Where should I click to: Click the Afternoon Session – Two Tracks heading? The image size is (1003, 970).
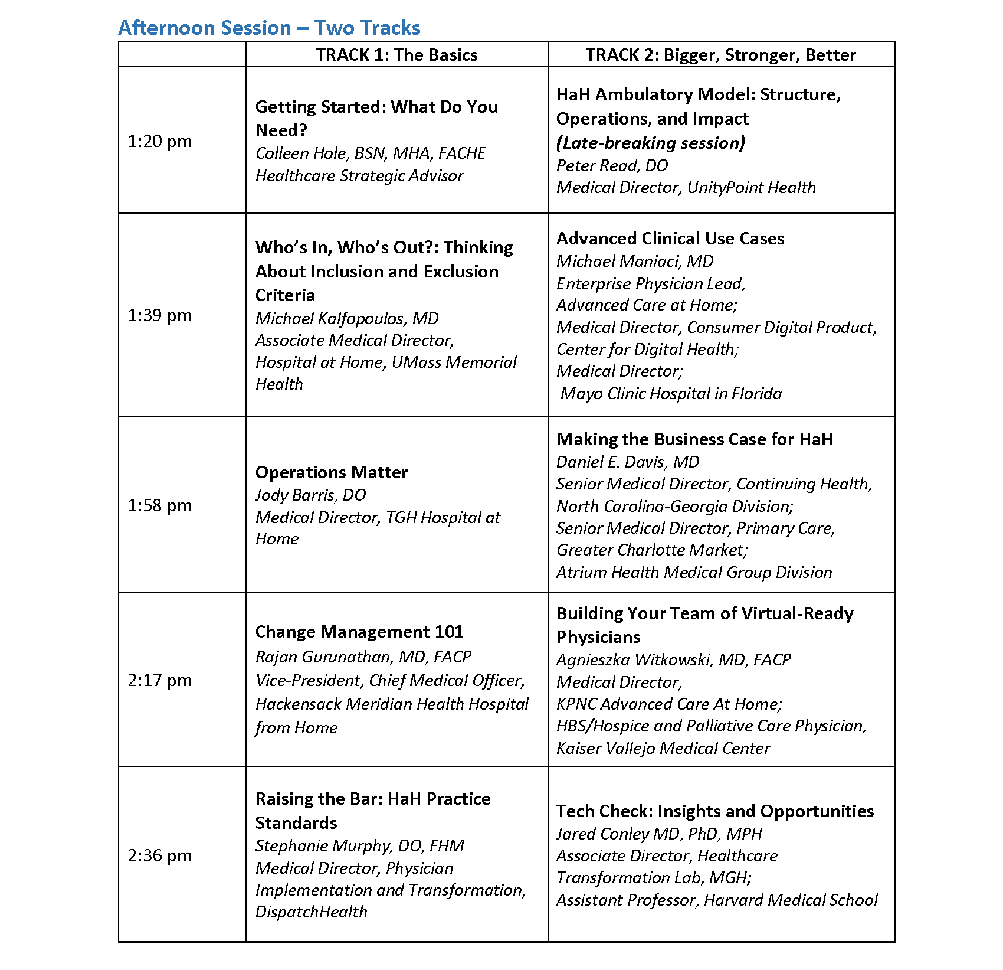269,28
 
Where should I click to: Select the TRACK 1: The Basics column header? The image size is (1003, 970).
396,55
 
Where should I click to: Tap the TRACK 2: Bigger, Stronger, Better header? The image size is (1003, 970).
720,55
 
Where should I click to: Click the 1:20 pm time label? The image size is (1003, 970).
160,141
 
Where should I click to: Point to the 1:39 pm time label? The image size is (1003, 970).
160,315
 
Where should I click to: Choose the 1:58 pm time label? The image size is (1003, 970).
160,505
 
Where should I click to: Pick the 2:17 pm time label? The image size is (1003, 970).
160,680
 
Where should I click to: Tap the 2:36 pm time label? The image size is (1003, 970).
160,855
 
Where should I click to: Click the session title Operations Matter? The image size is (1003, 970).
331,472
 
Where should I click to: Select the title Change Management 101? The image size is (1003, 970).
359,632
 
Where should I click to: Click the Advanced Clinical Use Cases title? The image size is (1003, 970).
670,239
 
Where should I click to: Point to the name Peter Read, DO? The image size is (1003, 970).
612,165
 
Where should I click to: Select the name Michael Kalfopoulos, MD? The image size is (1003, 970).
347,318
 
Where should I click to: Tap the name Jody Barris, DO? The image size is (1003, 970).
310,495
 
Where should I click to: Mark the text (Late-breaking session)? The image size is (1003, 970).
651,143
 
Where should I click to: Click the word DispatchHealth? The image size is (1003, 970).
311,912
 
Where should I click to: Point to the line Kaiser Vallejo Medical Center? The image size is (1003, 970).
663,748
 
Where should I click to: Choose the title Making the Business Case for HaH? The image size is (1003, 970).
694,439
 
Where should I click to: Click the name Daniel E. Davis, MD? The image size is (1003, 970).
628,462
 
